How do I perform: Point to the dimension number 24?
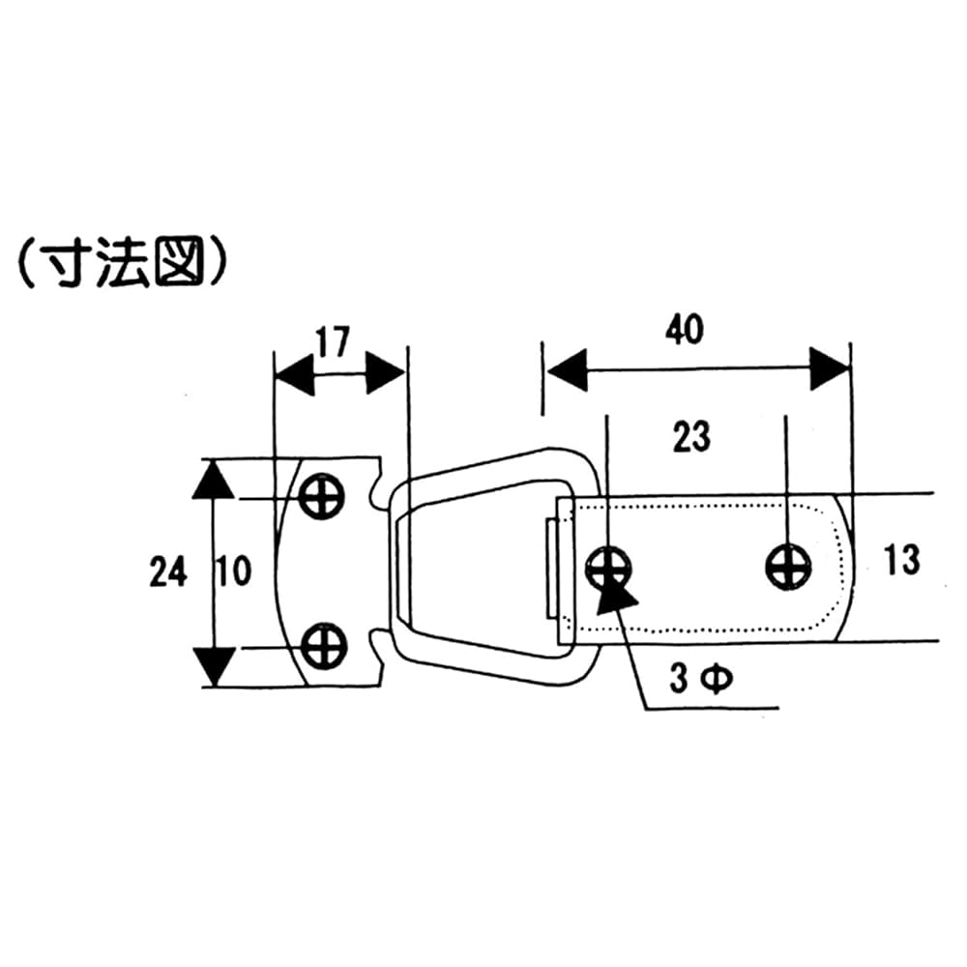click(167, 573)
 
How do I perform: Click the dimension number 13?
click(901, 559)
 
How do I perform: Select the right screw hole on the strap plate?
click(788, 566)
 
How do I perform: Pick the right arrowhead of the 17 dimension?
click(385, 373)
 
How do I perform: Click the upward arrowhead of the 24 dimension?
click(214, 480)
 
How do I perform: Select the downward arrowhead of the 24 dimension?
click(214, 665)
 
